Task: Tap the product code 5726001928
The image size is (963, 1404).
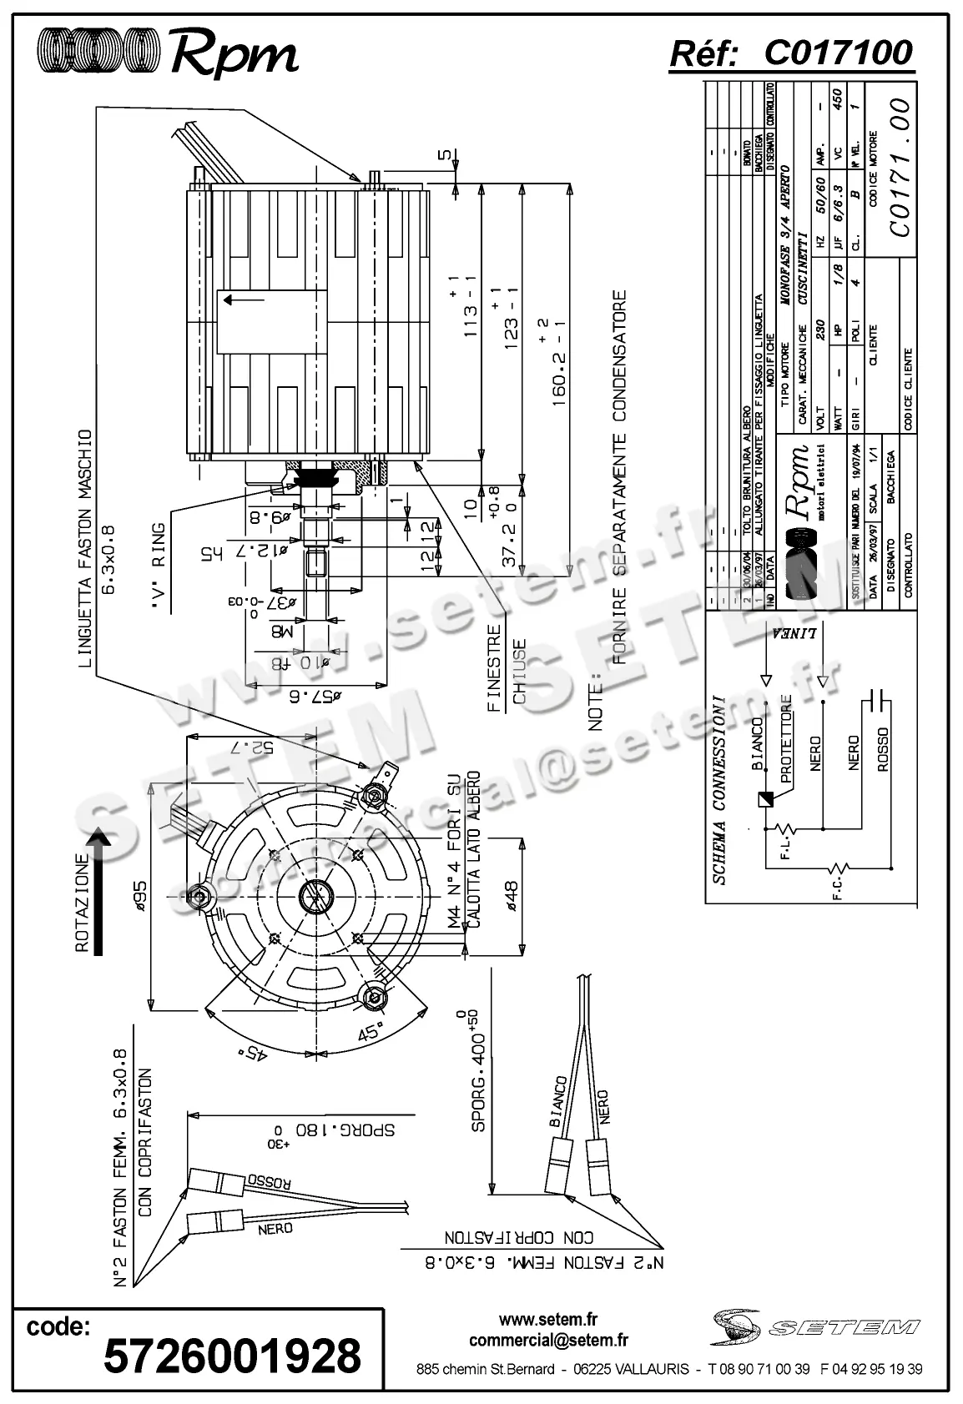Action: point(232,1354)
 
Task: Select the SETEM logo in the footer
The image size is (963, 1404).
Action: point(816,1326)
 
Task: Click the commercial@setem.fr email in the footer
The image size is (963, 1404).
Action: point(548,1341)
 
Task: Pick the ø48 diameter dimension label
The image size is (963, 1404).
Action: point(510,898)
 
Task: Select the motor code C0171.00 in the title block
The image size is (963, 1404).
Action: point(900,168)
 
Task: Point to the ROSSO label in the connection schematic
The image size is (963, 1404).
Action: point(883,748)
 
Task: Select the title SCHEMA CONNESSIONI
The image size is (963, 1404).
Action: point(718,788)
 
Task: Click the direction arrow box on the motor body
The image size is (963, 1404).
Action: point(272,320)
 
